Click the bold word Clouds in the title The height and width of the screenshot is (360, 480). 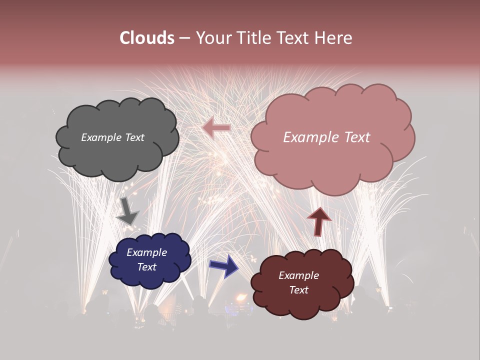(147, 38)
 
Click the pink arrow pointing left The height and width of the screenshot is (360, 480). (216, 128)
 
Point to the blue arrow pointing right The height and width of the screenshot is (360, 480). (223, 266)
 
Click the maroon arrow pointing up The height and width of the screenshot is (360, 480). (319, 221)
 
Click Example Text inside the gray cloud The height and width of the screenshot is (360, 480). (112, 137)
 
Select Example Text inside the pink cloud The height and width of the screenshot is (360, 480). (326, 137)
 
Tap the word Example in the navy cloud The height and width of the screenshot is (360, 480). (146, 252)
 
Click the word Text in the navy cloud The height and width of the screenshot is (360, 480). (146, 267)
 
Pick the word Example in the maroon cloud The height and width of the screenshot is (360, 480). (298, 275)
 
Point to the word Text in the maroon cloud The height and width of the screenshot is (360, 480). (298, 290)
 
